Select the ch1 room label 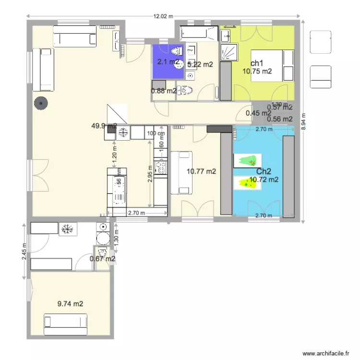[257, 63]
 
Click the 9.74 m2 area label [70, 303]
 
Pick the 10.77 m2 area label [201, 171]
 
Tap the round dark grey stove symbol [41, 103]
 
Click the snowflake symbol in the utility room [66, 228]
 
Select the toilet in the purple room [177, 51]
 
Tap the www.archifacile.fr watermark [326, 353]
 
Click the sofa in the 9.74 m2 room [65, 324]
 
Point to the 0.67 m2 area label [102, 259]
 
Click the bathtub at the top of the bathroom [198, 34]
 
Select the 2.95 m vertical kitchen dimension [151, 178]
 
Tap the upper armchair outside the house [320, 42]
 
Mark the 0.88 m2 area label [164, 91]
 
